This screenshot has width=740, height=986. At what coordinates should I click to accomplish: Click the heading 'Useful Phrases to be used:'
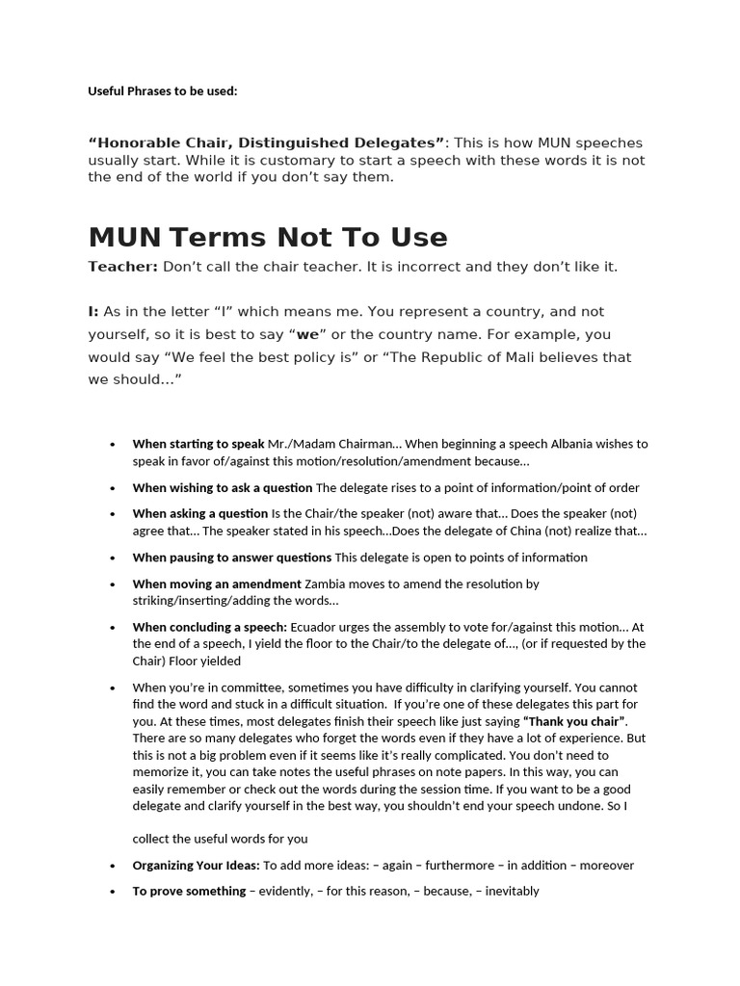click(x=162, y=91)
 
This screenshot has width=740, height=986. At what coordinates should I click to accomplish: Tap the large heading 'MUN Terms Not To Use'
click(x=268, y=237)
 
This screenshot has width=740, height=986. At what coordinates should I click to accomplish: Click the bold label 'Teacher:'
click(x=122, y=267)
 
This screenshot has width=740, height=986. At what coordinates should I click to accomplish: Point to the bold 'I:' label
click(x=93, y=312)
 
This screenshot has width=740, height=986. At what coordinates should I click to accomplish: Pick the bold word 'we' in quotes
click(x=308, y=335)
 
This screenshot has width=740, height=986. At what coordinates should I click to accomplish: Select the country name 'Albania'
click(x=551, y=444)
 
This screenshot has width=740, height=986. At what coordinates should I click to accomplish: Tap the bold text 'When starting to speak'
click(x=198, y=444)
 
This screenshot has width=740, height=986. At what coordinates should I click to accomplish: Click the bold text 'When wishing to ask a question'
click(x=223, y=487)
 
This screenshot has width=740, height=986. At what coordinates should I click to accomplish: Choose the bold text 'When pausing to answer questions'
click(x=232, y=557)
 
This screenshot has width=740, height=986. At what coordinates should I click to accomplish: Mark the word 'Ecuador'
click(x=313, y=627)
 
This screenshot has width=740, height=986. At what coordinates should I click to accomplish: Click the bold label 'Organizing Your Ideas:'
click(x=196, y=865)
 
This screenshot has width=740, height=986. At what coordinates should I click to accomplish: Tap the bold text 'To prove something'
click(x=189, y=891)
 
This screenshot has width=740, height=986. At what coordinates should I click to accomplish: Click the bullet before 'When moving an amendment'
click(x=113, y=584)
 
